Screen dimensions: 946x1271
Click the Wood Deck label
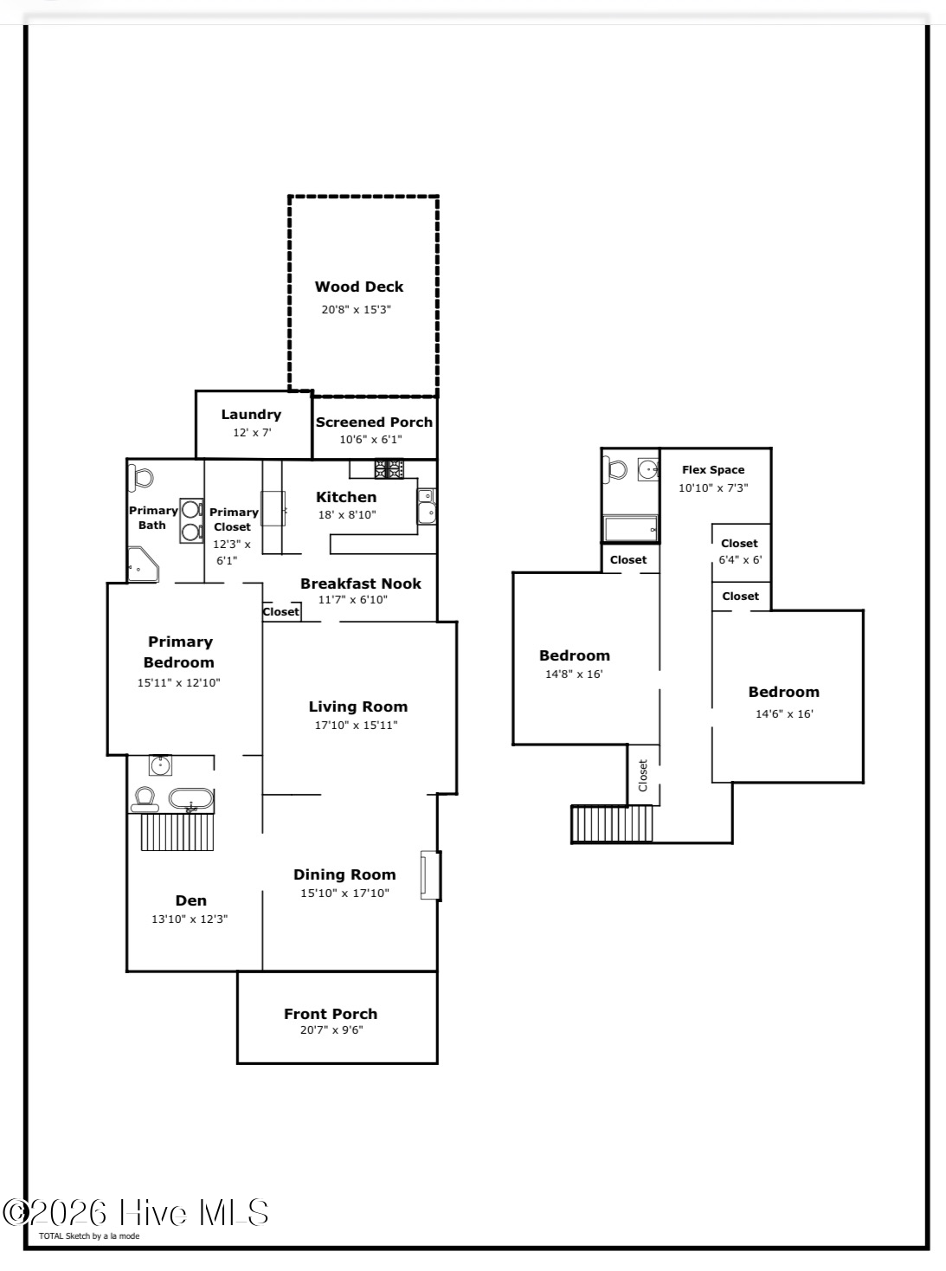click(x=358, y=287)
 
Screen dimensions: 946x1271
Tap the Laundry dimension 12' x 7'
click(x=252, y=433)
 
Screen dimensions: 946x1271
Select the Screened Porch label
click(x=374, y=422)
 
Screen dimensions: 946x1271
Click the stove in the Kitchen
click(x=389, y=468)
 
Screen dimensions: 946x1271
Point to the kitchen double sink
click(x=427, y=506)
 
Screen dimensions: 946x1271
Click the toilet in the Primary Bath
click(x=141, y=478)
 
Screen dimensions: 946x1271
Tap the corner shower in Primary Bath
click(x=143, y=565)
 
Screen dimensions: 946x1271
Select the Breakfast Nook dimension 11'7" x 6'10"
click(x=353, y=599)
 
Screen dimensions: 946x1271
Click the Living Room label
click(x=358, y=706)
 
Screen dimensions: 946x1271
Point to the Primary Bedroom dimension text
click(x=179, y=682)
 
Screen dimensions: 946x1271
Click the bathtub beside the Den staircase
click(x=191, y=799)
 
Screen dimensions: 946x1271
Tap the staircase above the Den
click(x=177, y=832)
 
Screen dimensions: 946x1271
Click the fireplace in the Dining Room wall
click(x=430, y=875)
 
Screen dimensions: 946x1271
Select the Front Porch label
click(x=331, y=1014)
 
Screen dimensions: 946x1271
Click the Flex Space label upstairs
click(x=713, y=470)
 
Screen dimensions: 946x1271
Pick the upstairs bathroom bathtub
click(x=631, y=529)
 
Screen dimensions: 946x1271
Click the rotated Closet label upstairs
click(x=643, y=776)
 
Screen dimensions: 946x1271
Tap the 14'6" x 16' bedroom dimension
click(x=784, y=714)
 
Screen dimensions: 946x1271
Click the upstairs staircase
click(x=612, y=824)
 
